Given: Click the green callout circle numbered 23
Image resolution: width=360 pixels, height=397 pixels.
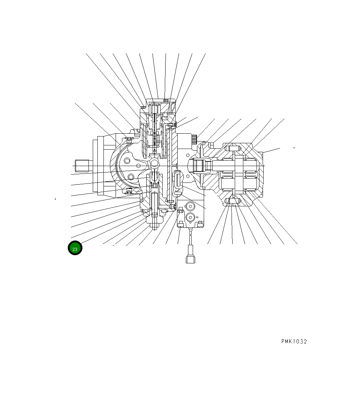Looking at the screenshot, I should tap(75, 248).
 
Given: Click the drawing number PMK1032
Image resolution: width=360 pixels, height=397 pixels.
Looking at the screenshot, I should tap(294, 341).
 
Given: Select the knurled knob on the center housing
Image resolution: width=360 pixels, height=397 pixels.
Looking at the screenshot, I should tap(194, 139).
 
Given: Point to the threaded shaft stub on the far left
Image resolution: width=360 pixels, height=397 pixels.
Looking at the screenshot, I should tap(82, 166).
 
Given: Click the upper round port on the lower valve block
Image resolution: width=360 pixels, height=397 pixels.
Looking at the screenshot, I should tap(190, 207).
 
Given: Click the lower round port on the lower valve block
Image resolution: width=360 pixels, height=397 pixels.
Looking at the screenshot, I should tap(190, 217).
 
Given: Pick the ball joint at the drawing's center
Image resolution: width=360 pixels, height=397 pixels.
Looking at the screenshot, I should tap(155, 163).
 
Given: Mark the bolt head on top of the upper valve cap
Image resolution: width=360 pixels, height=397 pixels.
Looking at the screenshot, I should tap(166, 100).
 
